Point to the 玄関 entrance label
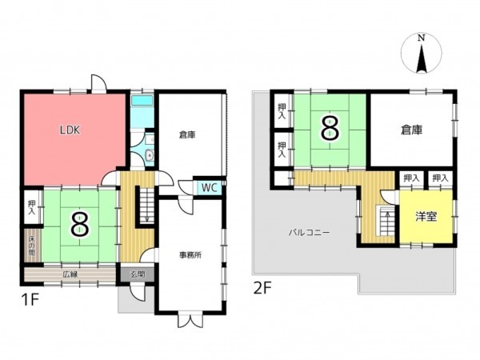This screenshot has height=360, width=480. click(136, 274)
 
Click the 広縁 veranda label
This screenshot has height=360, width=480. click(70, 274)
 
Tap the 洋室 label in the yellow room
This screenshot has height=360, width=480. click(426, 216)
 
